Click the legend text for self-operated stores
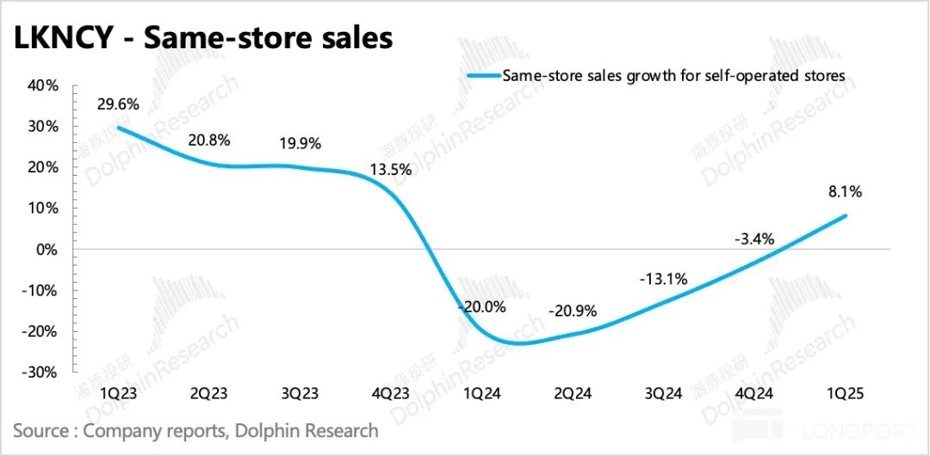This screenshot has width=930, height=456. [674, 76]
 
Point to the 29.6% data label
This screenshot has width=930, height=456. [117, 104]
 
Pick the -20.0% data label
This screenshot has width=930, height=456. [483, 306]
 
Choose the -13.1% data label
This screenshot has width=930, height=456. [662, 279]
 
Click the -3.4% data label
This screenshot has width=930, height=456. [755, 238]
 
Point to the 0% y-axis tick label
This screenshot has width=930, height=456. [47, 249]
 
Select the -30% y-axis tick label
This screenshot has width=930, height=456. [40, 372]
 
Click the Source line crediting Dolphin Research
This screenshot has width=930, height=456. [195, 430]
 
